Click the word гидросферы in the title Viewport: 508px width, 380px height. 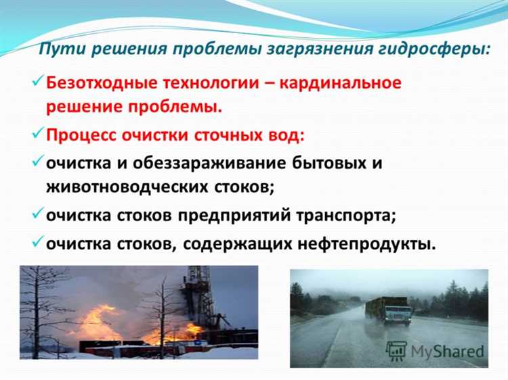point(434,49)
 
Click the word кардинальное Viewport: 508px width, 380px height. point(340,82)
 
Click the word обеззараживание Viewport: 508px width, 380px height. point(209,163)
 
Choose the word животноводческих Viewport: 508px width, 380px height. point(127,187)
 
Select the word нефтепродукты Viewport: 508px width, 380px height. point(366,244)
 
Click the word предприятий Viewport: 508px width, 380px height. point(234,216)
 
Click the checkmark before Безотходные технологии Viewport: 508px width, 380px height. point(38,80)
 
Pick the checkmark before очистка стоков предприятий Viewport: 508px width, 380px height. point(38,213)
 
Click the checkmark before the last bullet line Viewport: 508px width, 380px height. point(38,241)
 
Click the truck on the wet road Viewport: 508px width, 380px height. point(389,310)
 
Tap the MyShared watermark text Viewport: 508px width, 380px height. point(447,352)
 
